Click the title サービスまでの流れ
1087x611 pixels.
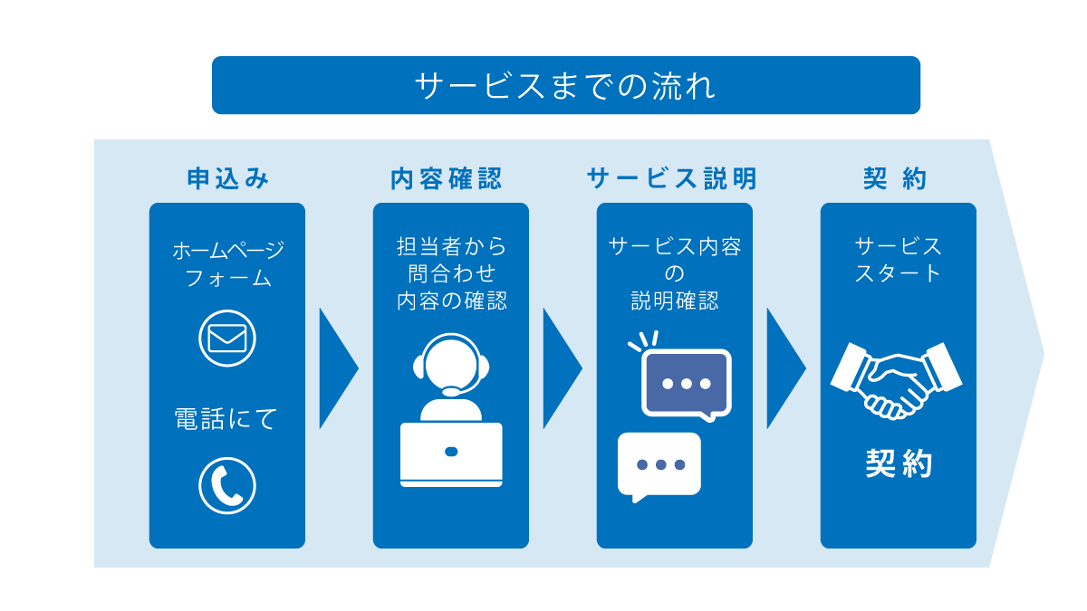(x=565, y=86)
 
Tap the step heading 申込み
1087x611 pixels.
(x=227, y=179)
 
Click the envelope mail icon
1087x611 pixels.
(x=227, y=338)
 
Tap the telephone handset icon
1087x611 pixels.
(x=227, y=486)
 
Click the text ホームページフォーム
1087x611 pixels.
(x=227, y=263)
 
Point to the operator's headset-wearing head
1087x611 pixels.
(x=451, y=366)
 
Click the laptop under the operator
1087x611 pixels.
(x=451, y=453)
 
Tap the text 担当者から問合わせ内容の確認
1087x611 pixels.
(x=451, y=273)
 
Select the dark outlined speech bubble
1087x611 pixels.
(x=686, y=383)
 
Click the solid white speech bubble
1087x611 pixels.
(x=659, y=465)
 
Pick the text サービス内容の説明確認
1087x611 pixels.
(x=675, y=273)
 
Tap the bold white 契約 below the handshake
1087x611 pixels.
(x=898, y=464)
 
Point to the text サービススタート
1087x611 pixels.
(x=898, y=260)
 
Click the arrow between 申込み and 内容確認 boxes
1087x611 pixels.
(x=337, y=368)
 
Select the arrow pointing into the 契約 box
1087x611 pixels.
(x=784, y=368)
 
